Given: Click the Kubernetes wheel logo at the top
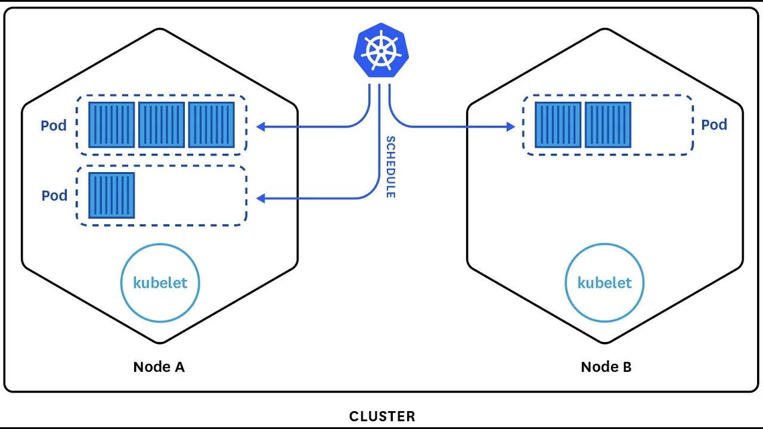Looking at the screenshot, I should [381, 51].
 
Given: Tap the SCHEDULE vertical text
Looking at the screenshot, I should [390, 167].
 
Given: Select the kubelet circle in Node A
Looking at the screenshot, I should [160, 283].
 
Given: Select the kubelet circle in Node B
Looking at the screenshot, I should [604, 283].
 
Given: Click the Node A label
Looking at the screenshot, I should [159, 366].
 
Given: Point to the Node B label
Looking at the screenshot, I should [606, 366].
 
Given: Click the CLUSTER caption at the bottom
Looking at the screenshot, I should [382, 416].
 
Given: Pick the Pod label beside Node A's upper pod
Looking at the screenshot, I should [54, 126].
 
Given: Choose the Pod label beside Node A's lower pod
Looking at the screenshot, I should [54, 195].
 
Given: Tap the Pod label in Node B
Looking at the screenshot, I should [714, 125].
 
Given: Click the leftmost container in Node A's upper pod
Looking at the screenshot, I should [111, 125].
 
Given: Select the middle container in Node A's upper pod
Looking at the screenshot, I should [162, 125].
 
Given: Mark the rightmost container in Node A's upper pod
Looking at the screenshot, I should [212, 125].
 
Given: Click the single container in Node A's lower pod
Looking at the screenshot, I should [111, 195].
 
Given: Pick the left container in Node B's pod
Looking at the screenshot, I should [558, 125].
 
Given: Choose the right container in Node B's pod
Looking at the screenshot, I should [608, 125].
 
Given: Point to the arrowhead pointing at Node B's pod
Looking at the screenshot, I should [510, 126].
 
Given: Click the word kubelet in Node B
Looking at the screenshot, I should [604, 282].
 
